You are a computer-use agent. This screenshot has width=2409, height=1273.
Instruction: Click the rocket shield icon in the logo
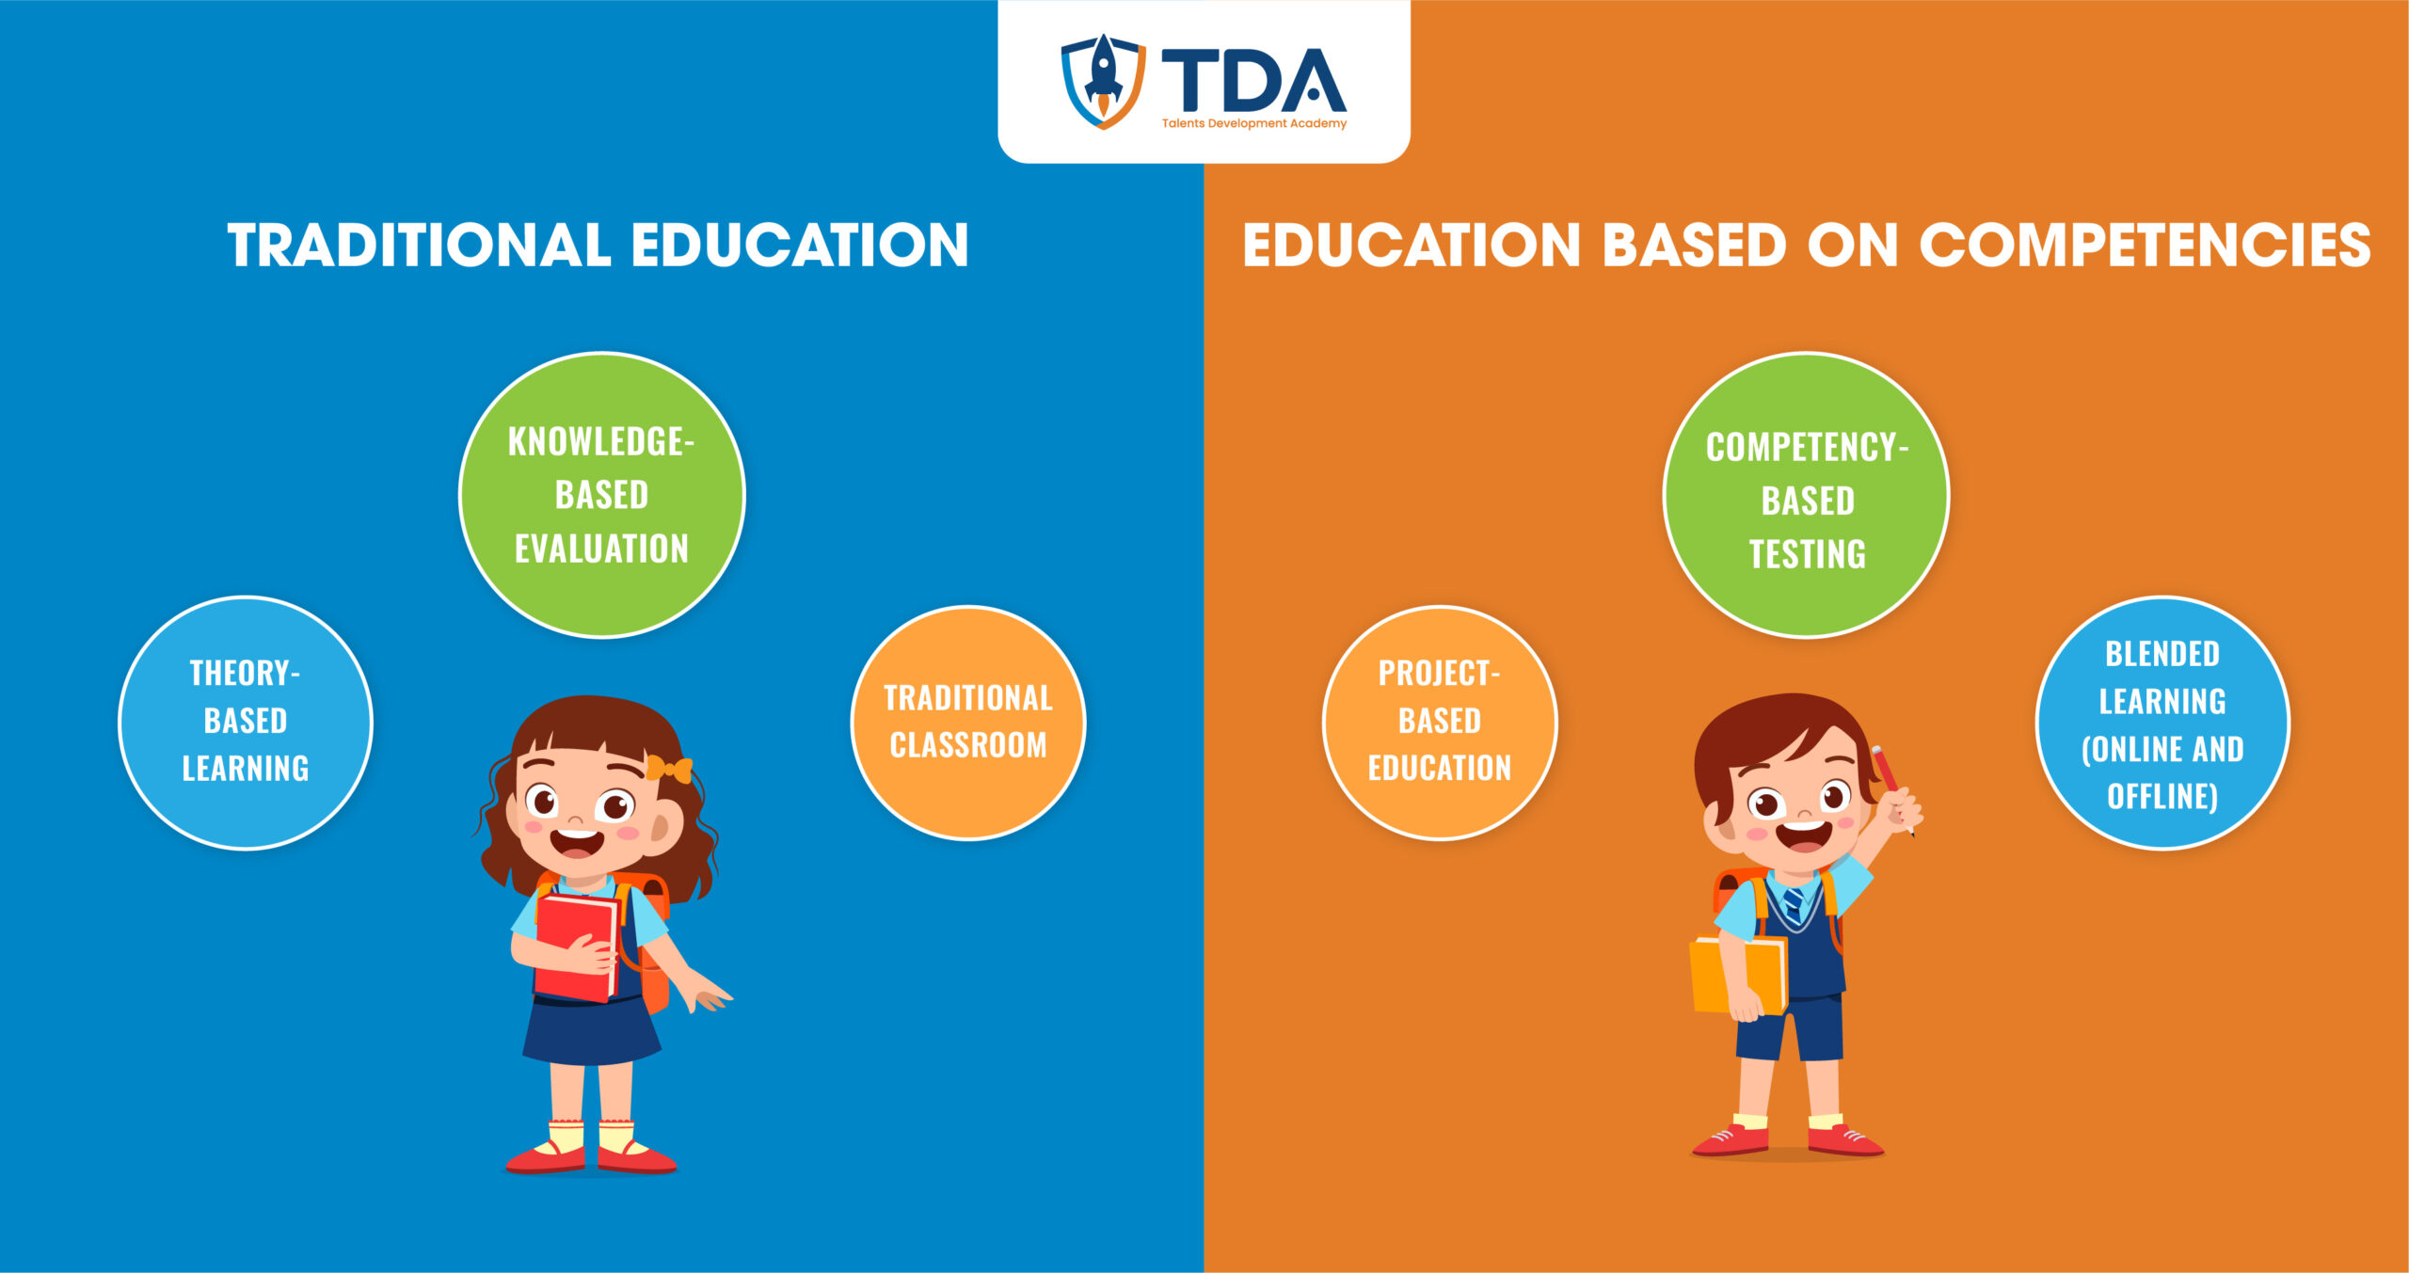tap(1103, 81)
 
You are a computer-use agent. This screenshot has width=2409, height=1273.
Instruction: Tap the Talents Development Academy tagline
tap(1253, 123)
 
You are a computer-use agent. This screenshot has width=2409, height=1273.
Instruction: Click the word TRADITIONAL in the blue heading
tap(419, 246)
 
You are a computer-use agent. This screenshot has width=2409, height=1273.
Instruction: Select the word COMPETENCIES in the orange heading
tap(2145, 246)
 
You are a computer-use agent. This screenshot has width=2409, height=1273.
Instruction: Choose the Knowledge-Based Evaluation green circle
tap(602, 495)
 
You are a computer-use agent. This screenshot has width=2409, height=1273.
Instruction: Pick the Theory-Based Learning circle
tap(246, 723)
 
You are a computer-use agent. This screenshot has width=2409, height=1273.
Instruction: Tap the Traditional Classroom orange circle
tap(968, 723)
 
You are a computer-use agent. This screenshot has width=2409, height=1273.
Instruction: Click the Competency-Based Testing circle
tap(1807, 495)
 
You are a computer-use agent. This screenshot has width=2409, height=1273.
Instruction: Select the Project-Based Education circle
tap(1440, 723)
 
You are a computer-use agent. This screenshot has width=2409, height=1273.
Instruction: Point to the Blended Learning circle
tap(2162, 723)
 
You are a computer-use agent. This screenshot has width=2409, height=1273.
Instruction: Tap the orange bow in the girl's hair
tap(669, 770)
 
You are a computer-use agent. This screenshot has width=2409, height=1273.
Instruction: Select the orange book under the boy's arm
tap(1738, 976)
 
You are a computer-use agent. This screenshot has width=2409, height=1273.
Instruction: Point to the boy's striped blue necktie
tap(1794, 905)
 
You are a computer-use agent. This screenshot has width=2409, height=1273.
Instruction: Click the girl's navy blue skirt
tap(591, 1031)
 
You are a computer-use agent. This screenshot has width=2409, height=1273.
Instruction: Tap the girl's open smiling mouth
tap(577, 840)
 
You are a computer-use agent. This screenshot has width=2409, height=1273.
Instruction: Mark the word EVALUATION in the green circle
tap(602, 549)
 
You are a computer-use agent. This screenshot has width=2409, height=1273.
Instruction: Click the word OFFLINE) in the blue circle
tap(2162, 797)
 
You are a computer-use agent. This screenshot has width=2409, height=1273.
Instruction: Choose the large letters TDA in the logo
tap(1254, 81)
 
